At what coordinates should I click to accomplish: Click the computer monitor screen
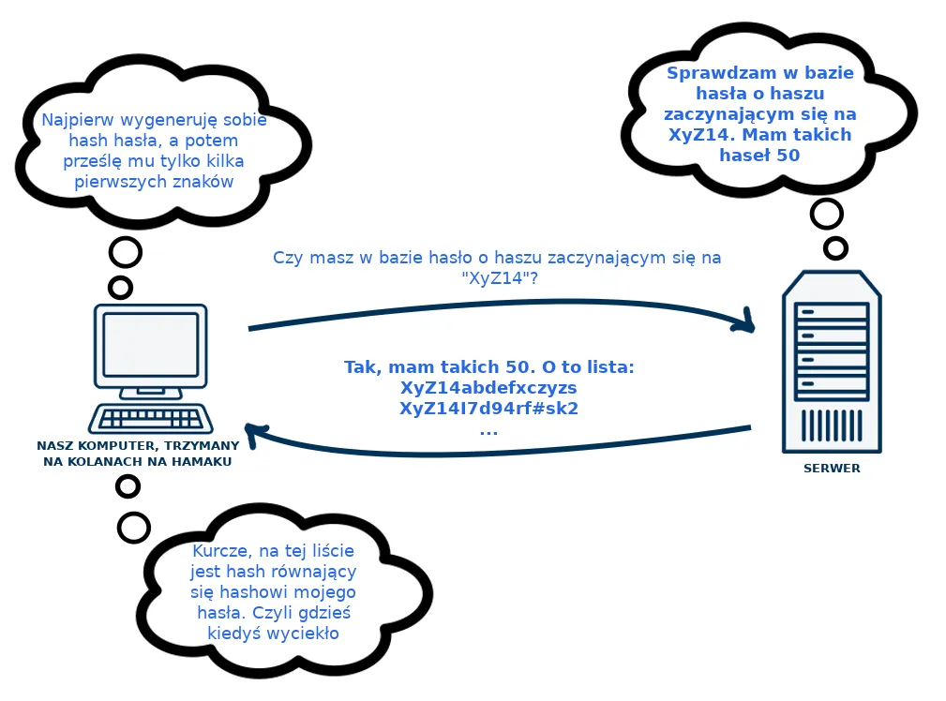(x=151, y=345)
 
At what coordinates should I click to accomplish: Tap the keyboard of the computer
(x=151, y=417)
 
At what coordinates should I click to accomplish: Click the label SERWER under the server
(x=832, y=469)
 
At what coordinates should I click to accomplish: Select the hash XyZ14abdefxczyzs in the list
(x=488, y=388)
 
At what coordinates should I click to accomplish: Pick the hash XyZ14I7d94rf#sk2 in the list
(x=488, y=409)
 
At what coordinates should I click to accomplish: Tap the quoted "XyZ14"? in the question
(x=500, y=278)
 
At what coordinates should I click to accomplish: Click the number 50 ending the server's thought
(x=788, y=156)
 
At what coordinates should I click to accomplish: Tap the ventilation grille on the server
(x=832, y=425)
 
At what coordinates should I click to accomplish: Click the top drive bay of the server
(x=832, y=312)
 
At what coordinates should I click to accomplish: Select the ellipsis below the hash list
(x=488, y=433)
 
